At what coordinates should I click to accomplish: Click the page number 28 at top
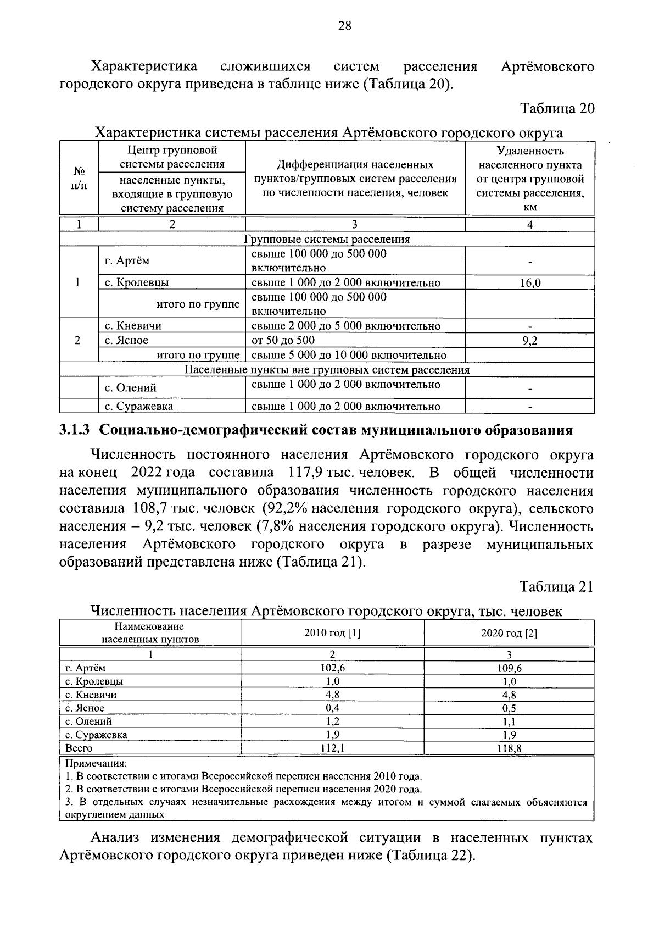(345, 25)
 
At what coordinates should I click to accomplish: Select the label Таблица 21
(557, 587)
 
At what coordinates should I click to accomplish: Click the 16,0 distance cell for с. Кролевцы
(530, 283)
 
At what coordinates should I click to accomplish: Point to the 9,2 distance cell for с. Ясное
(530, 341)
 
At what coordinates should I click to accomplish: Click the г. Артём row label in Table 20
(127, 260)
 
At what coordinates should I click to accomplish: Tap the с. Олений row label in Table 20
(131, 388)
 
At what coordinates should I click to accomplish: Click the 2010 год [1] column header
(332, 633)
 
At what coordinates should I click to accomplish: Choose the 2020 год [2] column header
(509, 633)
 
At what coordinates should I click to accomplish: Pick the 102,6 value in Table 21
(332, 668)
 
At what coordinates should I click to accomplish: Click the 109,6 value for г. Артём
(509, 668)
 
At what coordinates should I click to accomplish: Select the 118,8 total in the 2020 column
(509, 748)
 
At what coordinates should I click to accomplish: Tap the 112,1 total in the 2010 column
(332, 748)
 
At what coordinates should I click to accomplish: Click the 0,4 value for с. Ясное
(332, 708)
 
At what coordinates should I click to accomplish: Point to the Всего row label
(79, 748)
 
